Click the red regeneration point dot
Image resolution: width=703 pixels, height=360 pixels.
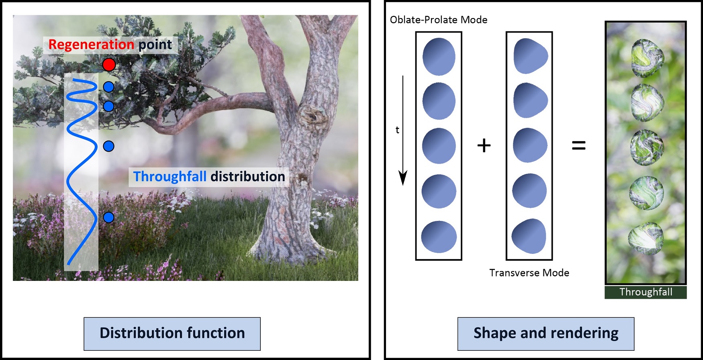coord(109,64)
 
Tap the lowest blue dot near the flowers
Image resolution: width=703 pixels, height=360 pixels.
coord(108,217)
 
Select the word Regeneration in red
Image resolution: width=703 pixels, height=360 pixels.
coord(91,44)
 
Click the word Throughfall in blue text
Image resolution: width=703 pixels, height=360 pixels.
coord(170,176)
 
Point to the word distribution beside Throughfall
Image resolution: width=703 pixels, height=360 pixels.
coord(248,176)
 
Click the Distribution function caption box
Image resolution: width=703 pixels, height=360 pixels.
coord(172,333)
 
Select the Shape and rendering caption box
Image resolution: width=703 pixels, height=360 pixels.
coord(546,333)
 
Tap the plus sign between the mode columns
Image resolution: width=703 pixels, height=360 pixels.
coord(484,145)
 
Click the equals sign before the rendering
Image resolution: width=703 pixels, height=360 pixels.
coord(578,145)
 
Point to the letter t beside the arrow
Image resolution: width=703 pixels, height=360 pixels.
coord(397,130)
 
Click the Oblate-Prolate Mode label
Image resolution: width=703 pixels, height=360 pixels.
coord(439,20)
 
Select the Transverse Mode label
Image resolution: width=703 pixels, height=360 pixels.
coord(529,273)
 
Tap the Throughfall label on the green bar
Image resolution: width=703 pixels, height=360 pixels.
coord(646,292)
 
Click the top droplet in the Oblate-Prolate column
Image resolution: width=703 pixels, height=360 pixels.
coord(439,57)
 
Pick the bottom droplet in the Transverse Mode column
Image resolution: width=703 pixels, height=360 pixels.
coord(529,236)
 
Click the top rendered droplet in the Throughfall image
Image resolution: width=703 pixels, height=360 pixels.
coord(647,58)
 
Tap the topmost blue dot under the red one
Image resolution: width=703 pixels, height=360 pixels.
coord(108,87)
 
